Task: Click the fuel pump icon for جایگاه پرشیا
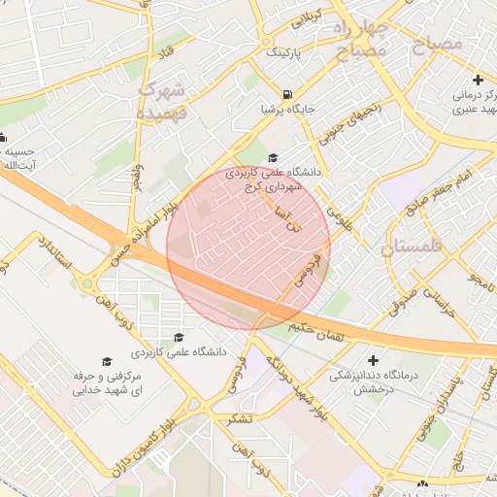286,95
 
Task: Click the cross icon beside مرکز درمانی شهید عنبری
477,80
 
